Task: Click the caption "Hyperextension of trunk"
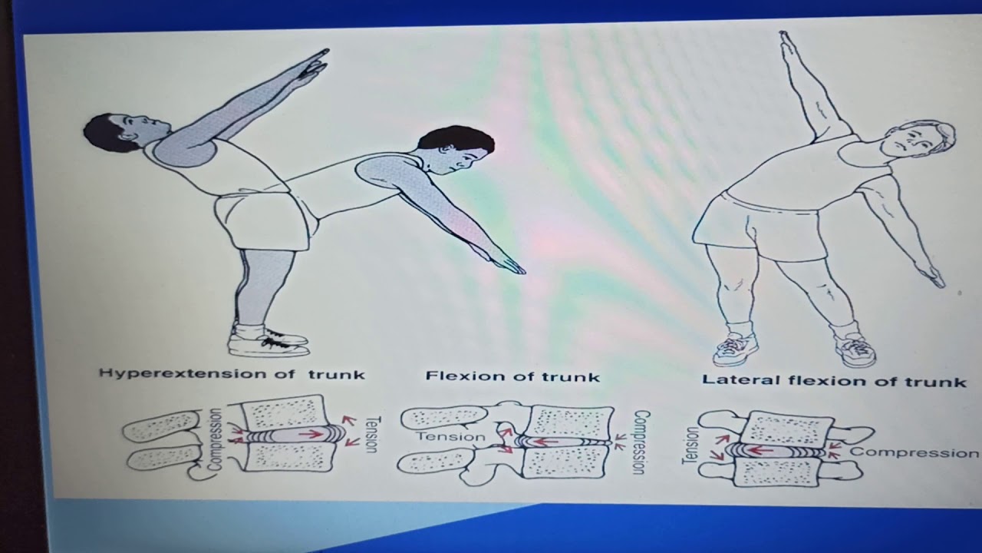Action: click(x=232, y=374)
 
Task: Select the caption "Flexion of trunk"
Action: click(x=512, y=376)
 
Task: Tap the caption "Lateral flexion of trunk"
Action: click(x=834, y=380)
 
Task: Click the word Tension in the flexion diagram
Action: click(x=451, y=437)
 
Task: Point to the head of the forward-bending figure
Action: click(x=459, y=148)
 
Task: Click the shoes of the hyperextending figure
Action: click(x=269, y=343)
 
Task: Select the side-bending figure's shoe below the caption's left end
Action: click(x=735, y=349)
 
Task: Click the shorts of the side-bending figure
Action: click(x=767, y=227)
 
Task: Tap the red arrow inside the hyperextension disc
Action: click(x=311, y=434)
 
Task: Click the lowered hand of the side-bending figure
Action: click(x=931, y=273)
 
